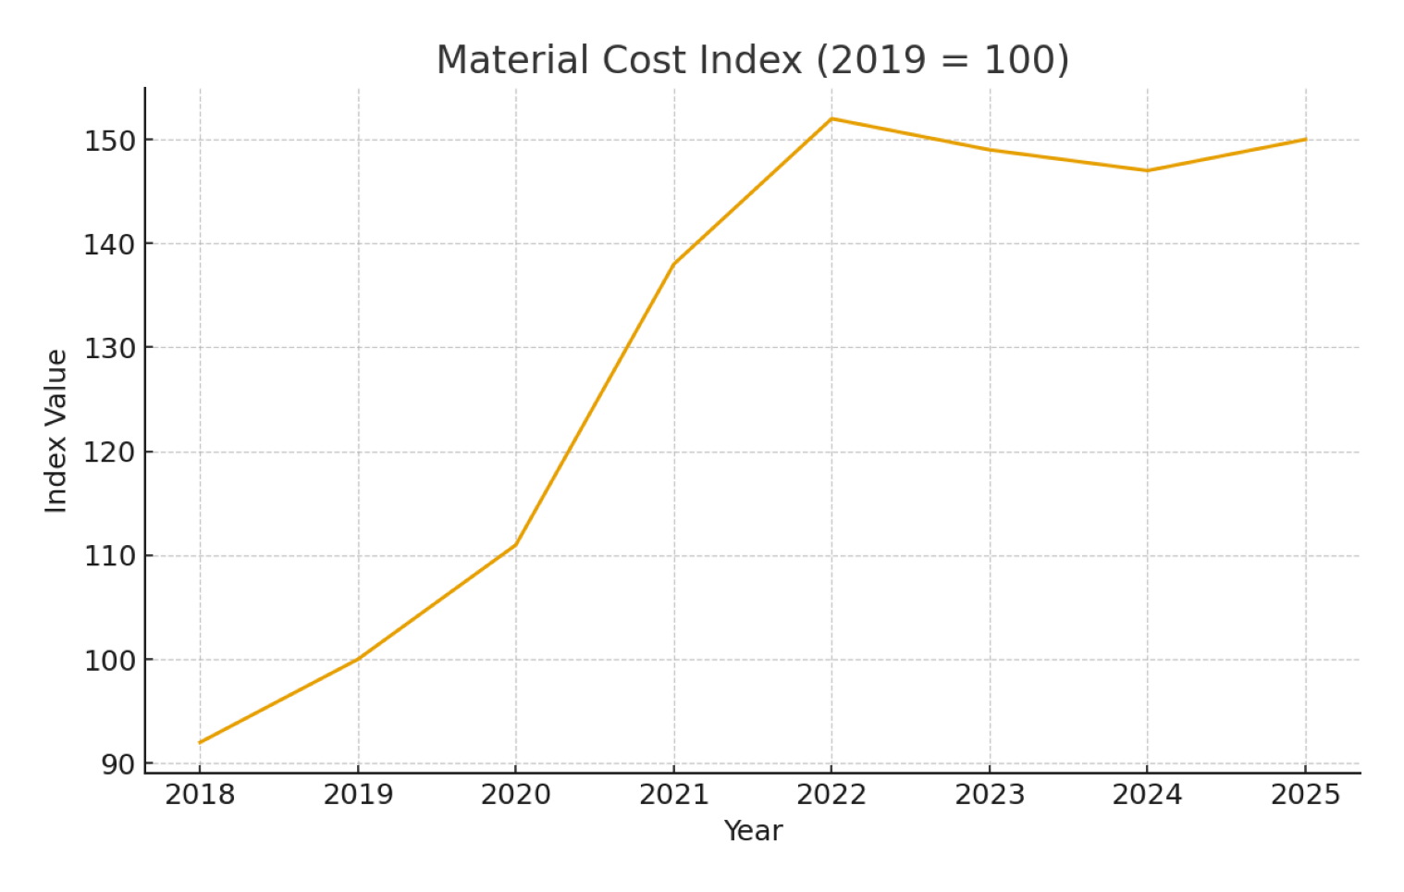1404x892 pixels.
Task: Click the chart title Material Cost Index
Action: (752, 60)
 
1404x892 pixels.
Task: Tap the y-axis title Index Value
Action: (56, 430)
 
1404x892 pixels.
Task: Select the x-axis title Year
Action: (752, 831)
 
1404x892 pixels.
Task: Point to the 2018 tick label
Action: (200, 795)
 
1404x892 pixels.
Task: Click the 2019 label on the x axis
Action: (358, 795)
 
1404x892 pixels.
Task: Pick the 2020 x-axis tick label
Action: (515, 795)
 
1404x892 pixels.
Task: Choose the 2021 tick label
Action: (673, 795)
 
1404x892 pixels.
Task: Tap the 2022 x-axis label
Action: (831, 795)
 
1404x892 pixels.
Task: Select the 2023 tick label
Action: (990, 795)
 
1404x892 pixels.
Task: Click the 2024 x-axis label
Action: (1147, 795)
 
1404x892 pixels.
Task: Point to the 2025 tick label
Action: (1305, 795)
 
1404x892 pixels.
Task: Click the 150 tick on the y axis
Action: (109, 141)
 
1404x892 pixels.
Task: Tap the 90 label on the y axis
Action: (118, 764)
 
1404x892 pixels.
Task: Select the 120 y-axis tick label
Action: (109, 452)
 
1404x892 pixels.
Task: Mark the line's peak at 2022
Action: (831, 118)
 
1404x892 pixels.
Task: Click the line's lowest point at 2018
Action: (200, 742)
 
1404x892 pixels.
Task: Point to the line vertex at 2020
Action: (515, 545)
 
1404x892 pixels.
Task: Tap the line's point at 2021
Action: (673, 265)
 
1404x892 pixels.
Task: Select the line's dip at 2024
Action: (1147, 170)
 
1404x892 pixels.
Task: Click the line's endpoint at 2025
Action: (1305, 140)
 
